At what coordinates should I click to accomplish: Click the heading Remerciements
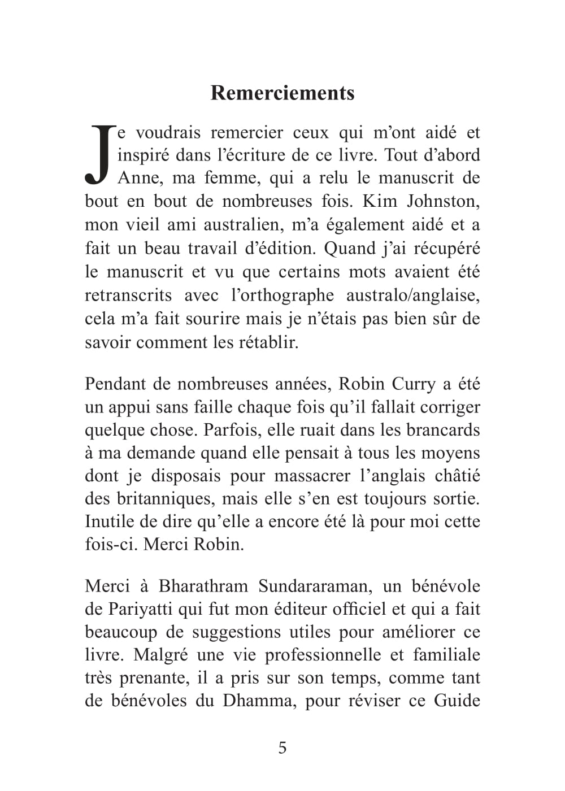pos(282,93)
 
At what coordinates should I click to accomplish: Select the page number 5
pos(282,748)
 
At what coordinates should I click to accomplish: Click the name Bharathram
pos(203,586)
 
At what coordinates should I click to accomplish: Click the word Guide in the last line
pos(457,701)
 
